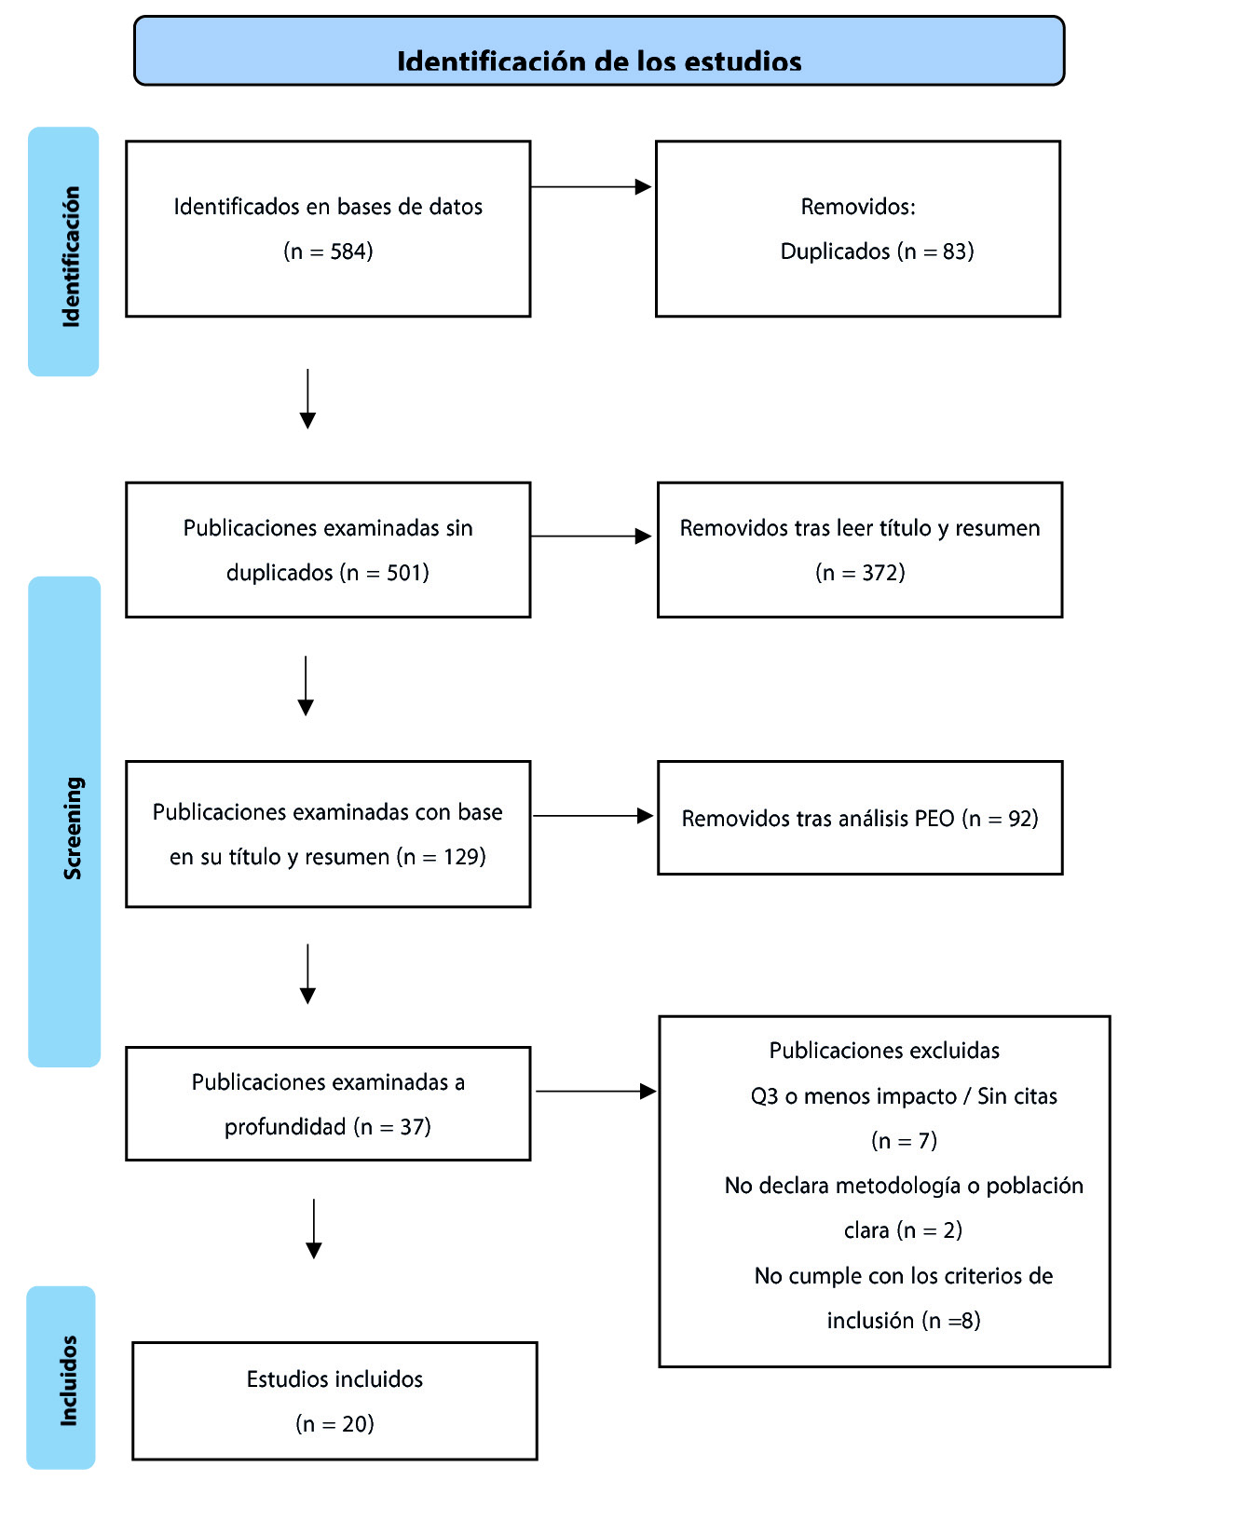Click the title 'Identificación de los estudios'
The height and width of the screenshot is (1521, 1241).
(x=599, y=61)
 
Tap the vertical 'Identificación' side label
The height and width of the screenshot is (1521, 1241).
(x=71, y=256)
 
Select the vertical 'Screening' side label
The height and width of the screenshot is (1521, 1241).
(x=73, y=828)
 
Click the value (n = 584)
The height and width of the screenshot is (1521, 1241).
(x=328, y=251)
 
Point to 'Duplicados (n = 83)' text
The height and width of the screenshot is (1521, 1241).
(x=877, y=251)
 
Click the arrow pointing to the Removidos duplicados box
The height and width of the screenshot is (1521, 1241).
(x=591, y=187)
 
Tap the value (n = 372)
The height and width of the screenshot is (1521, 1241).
(x=860, y=573)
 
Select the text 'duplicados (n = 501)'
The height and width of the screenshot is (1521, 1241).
(x=328, y=573)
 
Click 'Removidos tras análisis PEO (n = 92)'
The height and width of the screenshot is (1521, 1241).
(x=860, y=819)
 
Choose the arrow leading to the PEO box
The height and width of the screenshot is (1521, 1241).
(x=593, y=816)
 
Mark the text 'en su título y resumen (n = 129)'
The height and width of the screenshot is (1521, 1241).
(x=328, y=857)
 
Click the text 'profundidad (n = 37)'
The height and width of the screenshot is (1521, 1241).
(x=328, y=1127)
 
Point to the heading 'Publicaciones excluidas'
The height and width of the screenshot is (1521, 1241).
(x=884, y=1051)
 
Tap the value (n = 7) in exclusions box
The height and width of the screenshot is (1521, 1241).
(x=904, y=1141)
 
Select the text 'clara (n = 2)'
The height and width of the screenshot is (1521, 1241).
(x=903, y=1230)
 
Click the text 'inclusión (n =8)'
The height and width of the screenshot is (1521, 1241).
(x=904, y=1321)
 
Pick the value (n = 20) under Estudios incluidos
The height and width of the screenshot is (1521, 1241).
(x=334, y=1424)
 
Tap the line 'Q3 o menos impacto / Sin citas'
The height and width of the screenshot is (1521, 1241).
(x=904, y=1096)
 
